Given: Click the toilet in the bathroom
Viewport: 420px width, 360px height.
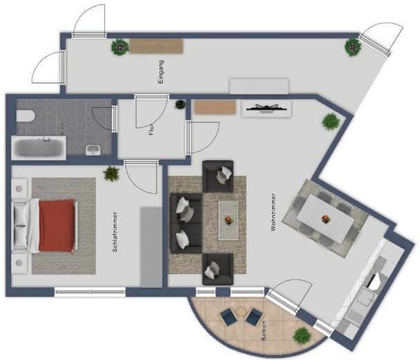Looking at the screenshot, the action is point(26,116).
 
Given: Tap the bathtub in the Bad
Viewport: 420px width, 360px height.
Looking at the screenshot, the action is point(38,148).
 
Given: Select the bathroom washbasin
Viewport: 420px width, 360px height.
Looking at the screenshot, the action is point(93,150).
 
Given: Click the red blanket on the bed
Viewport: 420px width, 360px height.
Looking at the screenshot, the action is point(57,225).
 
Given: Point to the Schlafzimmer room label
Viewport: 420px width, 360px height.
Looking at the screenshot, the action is point(115,232).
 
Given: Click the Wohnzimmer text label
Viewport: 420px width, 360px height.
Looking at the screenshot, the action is point(273,212).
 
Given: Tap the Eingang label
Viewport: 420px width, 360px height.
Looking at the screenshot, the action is point(161,71).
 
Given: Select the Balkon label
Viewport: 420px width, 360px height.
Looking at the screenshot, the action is point(264,331).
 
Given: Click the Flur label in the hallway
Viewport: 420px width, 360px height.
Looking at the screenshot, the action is point(152,129).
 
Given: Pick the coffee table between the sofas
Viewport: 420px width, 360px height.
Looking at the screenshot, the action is point(228,220).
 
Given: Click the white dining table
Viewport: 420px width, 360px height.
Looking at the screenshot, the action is point(325,219).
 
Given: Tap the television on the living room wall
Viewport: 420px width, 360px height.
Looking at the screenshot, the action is point(266,108).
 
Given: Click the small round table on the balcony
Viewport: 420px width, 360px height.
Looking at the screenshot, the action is point(241,312).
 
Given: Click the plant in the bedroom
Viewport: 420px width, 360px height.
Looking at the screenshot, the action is point(111,174).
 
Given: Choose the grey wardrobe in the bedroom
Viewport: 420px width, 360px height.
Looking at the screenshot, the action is point(151,246).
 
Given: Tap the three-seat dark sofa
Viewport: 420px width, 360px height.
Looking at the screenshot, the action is point(186,224).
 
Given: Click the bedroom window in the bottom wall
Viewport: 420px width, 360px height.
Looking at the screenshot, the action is point(90,292).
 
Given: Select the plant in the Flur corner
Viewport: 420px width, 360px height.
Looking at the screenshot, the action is point(181,105).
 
